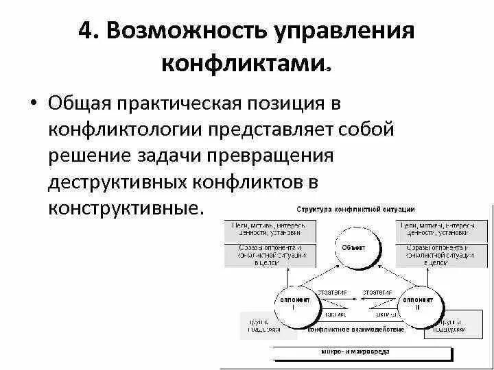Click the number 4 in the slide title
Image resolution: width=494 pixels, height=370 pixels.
[87, 33]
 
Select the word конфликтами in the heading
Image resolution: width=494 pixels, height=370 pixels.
[244, 64]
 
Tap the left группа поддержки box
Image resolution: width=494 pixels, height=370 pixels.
[260, 325]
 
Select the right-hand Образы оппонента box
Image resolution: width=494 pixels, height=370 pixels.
[438, 254]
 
